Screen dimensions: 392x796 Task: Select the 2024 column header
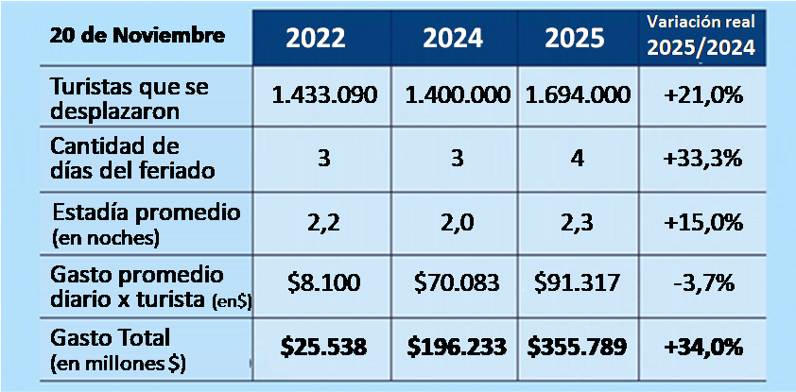tap(453, 38)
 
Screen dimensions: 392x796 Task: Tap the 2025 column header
tap(575, 38)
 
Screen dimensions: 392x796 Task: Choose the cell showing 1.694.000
tap(575, 96)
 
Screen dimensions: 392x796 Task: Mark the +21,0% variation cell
tap(702, 96)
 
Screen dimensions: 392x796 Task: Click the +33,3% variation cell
tap(702, 159)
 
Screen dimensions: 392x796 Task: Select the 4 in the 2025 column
tap(575, 159)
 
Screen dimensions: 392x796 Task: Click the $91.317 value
tap(575, 281)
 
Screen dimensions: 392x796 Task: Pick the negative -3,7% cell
tap(702, 281)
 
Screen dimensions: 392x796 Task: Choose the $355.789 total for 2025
tap(575, 346)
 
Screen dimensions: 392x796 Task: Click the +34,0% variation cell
tap(702, 346)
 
